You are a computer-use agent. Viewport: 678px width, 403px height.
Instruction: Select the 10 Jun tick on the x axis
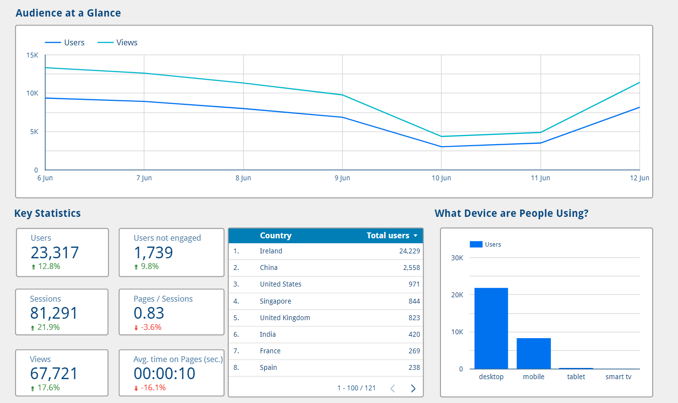(441, 178)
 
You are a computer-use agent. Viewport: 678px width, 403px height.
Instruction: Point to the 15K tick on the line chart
(32, 56)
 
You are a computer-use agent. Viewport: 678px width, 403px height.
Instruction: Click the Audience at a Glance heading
(68, 13)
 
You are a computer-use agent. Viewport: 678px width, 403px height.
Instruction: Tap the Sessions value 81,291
(54, 313)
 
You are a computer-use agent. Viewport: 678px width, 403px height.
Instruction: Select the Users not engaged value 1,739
(153, 252)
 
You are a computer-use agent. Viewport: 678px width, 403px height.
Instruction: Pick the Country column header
(275, 236)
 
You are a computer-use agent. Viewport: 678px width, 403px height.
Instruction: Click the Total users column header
(388, 236)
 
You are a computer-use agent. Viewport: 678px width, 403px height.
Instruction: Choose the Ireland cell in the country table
(271, 251)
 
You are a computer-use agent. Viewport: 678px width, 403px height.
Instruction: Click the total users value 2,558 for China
(411, 268)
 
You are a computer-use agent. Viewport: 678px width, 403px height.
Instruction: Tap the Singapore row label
(275, 302)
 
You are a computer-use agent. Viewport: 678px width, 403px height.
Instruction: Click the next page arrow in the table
(413, 388)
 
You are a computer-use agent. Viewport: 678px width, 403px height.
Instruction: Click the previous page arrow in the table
(393, 388)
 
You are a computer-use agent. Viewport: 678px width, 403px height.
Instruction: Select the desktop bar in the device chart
(491, 328)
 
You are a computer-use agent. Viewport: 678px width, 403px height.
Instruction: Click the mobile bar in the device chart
(533, 353)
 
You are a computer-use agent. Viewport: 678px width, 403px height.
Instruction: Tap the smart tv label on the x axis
(618, 377)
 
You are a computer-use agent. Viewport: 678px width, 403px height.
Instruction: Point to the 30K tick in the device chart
(458, 258)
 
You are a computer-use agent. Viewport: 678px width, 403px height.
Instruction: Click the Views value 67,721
(54, 374)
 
